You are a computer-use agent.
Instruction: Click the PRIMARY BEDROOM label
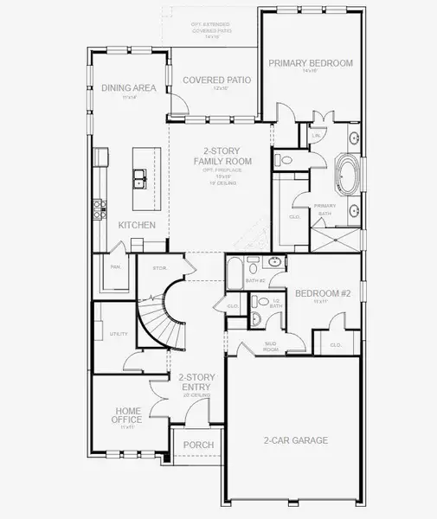pyautogui.click(x=311, y=63)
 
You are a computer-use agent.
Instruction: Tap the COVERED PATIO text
pyautogui.click(x=217, y=80)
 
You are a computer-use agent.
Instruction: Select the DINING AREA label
pyautogui.click(x=128, y=87)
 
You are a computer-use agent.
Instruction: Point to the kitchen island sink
pyautogui.click(x=138, y=179)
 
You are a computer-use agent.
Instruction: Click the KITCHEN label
pyautogui.click(x=137, y=225)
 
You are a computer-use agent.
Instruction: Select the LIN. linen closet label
pyautogui.click(x=316, y=135)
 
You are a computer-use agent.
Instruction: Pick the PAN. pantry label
pyautogui.click(x=114, y=267)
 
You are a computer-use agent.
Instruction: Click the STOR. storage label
pyautogui.click(x=159, y=268)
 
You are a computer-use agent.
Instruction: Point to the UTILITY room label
pyautogui.click(x=119, y=333)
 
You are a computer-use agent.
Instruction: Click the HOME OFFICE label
pyautogui.click(x=128, y=416)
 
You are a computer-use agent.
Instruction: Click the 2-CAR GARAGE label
pyautogui.click(x=295, y=440)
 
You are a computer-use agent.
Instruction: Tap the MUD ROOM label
pyautogui.click(x=271, y=347)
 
